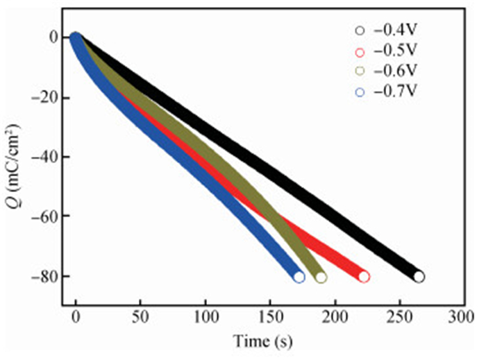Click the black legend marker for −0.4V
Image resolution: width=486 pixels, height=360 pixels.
360,31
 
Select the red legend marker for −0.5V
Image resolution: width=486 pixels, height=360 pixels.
360,51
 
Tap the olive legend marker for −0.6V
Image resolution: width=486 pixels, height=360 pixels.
360,71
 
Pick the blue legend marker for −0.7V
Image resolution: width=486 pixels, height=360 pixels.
360,92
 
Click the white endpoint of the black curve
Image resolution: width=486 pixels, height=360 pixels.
419,276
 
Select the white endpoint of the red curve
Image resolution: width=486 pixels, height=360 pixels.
364,276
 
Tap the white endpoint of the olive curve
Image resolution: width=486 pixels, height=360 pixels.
321,277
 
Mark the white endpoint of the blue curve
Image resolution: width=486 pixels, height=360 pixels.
299,277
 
